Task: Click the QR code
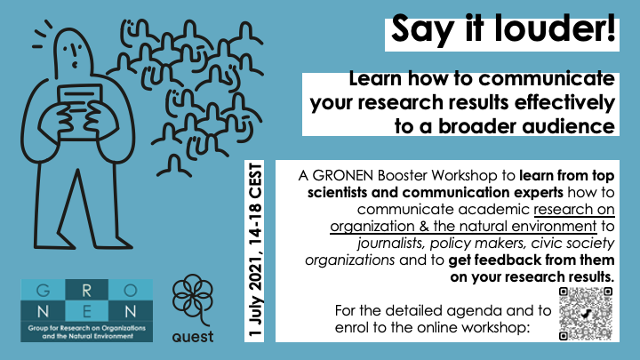tap(586, 314)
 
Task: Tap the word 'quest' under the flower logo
tap(193, 337)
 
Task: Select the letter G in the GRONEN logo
tap(43, 290)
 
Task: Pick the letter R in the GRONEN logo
tap(86, 290)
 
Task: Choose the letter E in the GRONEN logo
tap(86, 312)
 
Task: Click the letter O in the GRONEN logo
tap(130, 290)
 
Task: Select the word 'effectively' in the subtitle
tap(564, 102)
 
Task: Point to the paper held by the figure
tap(79, 110)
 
